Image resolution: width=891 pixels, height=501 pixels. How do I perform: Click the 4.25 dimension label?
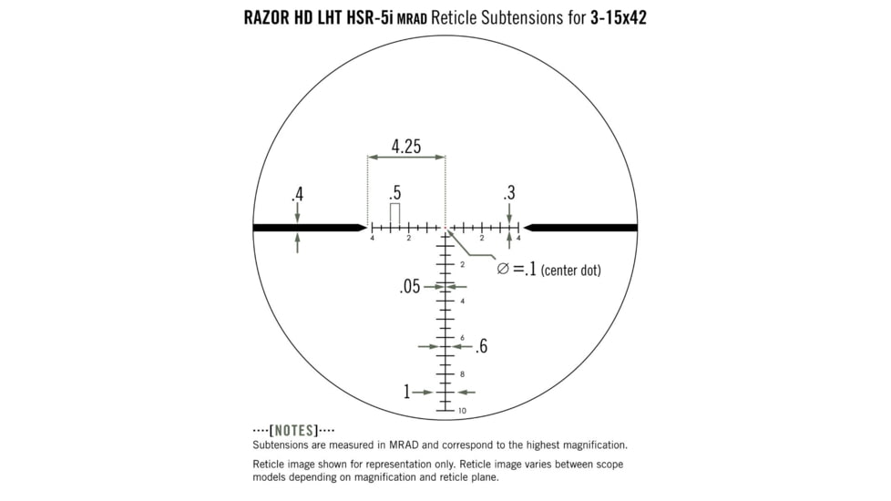pyautogui.click(x=405, y=147)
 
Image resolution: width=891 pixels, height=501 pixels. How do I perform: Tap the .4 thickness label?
pyautogui.click(x=297, y=194)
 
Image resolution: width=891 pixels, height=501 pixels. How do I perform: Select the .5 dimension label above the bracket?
pyautogui.click(x=394, y=193)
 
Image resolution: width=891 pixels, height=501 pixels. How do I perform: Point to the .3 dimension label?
pyautogui.click(x=508, y=193)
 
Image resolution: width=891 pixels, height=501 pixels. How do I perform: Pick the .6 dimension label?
pyautogui.click(x=481, y=346)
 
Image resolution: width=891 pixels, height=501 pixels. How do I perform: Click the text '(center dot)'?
pyautogui.click(x=570, y=271)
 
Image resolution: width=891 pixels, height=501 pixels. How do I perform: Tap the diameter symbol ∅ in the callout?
pyautogui.click(x=503, y=269)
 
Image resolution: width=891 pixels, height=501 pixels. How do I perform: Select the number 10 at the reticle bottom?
pyautogui.click(x=462, y=411)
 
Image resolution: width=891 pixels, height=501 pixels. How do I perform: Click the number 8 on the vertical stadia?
pyautogui.click(x=462, y=374)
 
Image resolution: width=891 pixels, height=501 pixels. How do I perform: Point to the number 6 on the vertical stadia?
pyautogui.click(x=462, y=338)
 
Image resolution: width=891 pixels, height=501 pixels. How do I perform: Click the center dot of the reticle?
pyautogui.click(x=445, y=227)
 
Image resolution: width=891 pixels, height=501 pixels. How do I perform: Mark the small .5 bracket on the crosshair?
pyautogui.click(x=394, y=212)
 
